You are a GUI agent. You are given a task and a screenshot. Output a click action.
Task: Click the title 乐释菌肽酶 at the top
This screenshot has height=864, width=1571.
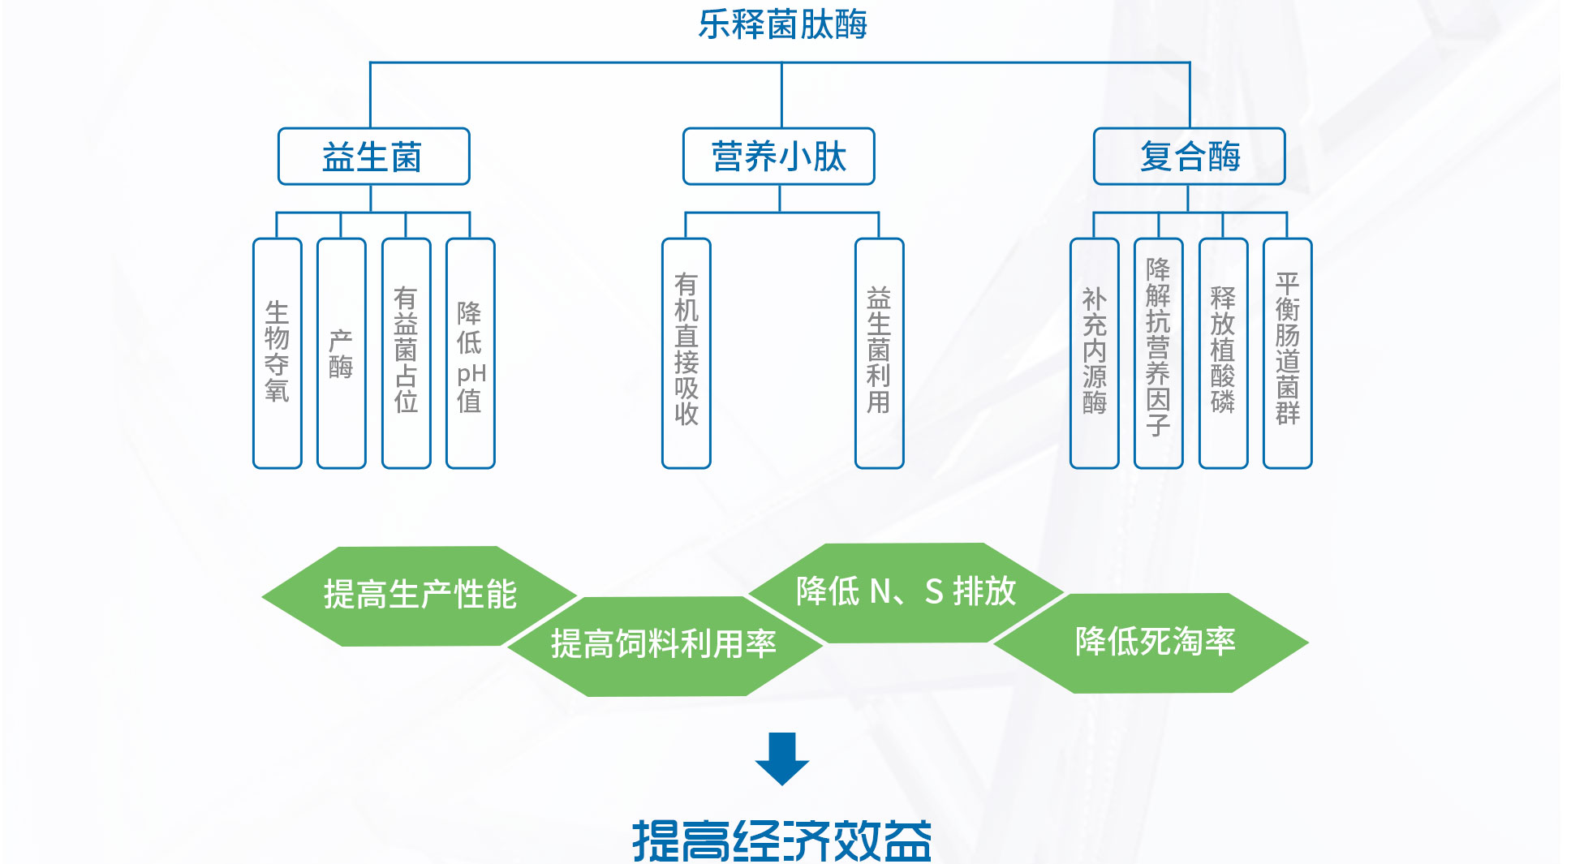point(782,25)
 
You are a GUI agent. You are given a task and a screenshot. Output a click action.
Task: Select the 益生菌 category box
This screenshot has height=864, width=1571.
point(373,157)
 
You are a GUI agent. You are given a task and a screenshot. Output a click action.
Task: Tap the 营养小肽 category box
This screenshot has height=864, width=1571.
point(778,157)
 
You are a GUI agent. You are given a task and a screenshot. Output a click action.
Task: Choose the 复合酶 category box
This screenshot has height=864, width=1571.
point(1189,157)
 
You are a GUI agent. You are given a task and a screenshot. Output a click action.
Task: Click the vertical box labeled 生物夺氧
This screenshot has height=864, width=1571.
point(277,353)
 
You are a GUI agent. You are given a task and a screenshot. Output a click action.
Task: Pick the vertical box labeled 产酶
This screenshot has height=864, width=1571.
point(341,353)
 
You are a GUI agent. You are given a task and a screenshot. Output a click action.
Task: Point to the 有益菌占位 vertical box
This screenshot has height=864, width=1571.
point(406,353)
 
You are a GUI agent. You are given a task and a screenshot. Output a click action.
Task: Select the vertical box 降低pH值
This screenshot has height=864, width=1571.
point(470,353)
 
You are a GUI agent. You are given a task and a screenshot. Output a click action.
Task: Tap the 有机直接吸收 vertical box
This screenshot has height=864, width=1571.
point(686,353)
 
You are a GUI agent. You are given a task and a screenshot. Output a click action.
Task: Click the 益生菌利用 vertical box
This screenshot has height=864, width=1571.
point(879,353)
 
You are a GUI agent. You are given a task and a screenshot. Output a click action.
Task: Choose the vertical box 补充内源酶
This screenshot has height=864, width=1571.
point(1094,353)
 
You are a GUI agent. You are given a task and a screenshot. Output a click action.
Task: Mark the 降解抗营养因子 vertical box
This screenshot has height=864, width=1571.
point(1158,353)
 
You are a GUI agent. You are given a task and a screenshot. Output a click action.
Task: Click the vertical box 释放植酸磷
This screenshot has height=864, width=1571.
point(1223,353)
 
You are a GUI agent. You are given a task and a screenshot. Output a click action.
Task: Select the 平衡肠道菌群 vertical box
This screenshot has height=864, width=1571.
point(1287,353)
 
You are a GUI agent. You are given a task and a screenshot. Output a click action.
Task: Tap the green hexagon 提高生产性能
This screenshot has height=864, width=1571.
point(420,595)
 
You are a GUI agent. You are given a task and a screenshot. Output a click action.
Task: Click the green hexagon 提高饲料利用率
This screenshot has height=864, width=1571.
point(664,645)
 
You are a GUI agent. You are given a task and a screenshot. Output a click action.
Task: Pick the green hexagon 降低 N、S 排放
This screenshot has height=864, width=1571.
point(906,592)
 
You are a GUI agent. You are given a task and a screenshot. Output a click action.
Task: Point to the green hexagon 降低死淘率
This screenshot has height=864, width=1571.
point(1155,643)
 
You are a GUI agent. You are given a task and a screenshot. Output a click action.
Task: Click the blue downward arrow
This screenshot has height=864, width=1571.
point(781,759)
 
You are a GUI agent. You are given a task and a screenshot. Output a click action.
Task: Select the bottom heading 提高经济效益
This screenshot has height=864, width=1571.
point(781,840)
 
